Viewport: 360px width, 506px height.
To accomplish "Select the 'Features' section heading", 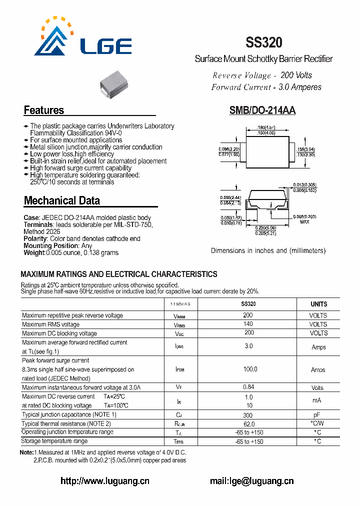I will click(x=44, y=110).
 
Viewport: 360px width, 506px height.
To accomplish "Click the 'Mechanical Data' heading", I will click(x=62, y=201).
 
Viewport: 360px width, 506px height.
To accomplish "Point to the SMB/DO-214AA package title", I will click(x=262, y=111).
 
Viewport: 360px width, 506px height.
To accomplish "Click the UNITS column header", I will click(x=318, y=304).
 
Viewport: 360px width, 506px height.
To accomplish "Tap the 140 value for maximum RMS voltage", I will click(x=248, y=324).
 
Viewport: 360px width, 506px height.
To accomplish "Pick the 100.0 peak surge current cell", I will click(x=250, y=369).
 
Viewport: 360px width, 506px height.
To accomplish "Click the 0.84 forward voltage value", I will click(x=248, y=387).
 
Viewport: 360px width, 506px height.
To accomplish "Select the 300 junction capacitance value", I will click(x=248, y=415).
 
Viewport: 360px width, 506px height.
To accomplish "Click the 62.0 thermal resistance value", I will click(x=248, y=423).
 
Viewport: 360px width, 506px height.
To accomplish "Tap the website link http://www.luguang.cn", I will click(x=104, y=481).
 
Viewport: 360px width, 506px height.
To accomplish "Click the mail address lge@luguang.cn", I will click(x=251, y=481).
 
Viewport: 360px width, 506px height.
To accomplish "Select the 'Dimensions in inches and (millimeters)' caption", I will click(x=268, y=250).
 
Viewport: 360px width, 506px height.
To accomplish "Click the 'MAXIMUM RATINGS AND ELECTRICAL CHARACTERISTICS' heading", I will click(x=119, y=274).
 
